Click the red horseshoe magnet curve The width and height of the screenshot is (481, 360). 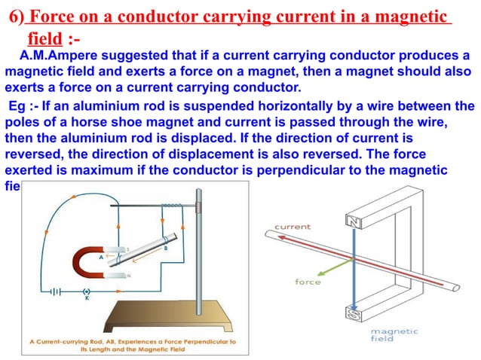(81, 263)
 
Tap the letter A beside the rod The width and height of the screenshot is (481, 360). (100, 255)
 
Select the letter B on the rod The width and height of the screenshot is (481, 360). (165, 248)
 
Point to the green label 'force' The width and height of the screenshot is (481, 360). (308, 282)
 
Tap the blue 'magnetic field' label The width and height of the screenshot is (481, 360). (386, 335)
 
